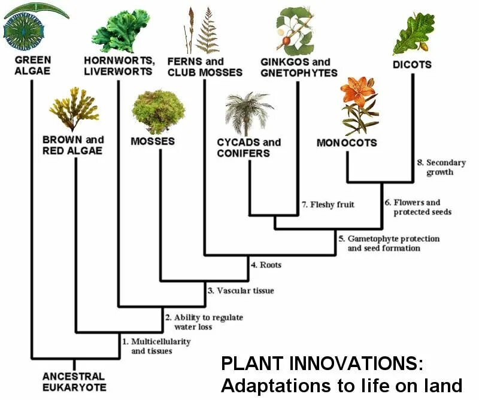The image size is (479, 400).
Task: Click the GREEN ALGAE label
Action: pyautogui.click(x=33, y=66)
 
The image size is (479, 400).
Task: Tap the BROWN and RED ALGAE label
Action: pyautogui.click(x=72, y=145)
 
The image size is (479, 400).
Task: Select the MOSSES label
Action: pyautogui.click(x=153, y=141)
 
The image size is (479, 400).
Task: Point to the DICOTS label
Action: pyautogui.click(x=412, y=65)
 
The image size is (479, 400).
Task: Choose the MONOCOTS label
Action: pyautogui.click(x=347, y=143)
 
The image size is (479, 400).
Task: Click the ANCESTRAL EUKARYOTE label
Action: pyautogui.click(x=74, y=381)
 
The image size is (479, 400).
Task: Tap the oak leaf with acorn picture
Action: pyautogui.click(x=413, y=33)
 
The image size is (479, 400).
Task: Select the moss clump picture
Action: pyautogui.click(x=158, y=111)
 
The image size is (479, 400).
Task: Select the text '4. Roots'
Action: pyautogui.click(x=266, y=265)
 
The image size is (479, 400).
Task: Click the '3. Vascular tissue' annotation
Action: pyautogui.click(x=241, y=290)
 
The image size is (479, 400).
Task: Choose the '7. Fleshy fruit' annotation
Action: pyautogui.click(x=328, y=205)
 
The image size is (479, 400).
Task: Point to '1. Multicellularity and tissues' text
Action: pyautogui.click(x=156, y=346)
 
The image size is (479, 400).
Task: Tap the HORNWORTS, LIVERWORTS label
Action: pyautogui.click(x=120, y=66)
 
